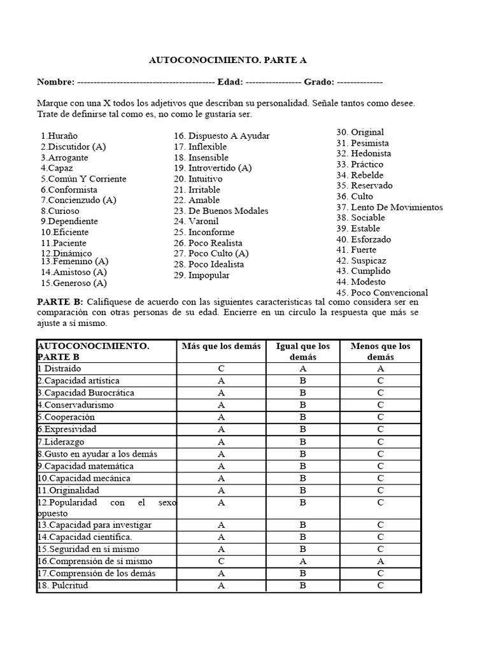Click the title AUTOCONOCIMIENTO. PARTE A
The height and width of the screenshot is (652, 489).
coord(227,60)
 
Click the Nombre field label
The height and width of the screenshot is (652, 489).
coord(55,82)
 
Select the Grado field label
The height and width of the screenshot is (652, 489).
coord(318,82)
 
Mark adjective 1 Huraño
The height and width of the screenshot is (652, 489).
coord(59,136)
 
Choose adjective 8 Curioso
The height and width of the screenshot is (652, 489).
coord(60,211)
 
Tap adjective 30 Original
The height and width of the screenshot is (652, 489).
coord(360,132)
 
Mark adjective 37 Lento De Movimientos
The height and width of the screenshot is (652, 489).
coord(390,207)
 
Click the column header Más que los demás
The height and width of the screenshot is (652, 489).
coord(221,346)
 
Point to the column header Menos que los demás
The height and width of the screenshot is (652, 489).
coord(380,351)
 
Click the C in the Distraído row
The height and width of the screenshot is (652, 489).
coord(221,369)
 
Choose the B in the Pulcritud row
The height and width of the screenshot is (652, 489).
coord(303,585)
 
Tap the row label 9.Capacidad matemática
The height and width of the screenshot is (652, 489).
coord(85,466)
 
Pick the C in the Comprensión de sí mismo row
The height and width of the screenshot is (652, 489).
coord(221,561)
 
